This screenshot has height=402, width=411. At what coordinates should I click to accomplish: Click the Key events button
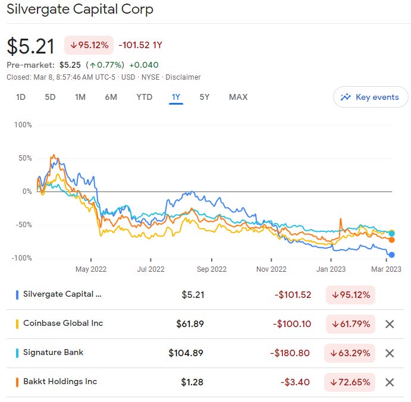pos(371,97)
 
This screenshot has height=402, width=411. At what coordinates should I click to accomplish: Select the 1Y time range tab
pos(175,97)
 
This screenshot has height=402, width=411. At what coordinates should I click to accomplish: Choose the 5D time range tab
pos(51,97)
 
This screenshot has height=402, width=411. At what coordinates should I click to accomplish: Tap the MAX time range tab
pos(238,97)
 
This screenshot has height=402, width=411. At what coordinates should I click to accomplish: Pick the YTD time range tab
pos(144,97)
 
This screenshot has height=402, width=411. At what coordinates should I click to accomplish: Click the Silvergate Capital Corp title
pos(80,10)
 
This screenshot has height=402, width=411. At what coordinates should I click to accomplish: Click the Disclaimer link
pos(183,77)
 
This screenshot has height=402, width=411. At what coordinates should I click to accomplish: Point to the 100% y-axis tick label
pos(23,125)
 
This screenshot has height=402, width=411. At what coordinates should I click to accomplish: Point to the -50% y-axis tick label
pos(22,225)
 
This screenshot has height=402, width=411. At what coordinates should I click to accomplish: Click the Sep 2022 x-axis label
pos(211,269)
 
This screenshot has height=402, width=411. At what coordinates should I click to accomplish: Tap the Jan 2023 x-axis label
pos(331,269)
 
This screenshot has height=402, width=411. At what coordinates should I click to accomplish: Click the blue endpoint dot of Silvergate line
pos(391,255)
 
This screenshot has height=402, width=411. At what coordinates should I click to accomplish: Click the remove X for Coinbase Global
pos(390,324)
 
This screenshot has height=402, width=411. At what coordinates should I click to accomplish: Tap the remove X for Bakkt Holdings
pos(390,382)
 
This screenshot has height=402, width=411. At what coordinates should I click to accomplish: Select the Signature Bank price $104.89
pos(186,353)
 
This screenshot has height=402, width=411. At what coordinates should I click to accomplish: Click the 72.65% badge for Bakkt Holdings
pos(350,382)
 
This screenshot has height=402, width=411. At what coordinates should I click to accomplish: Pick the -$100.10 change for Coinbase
pos(293,324)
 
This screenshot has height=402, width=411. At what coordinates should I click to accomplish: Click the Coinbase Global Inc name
pos(63,324)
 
